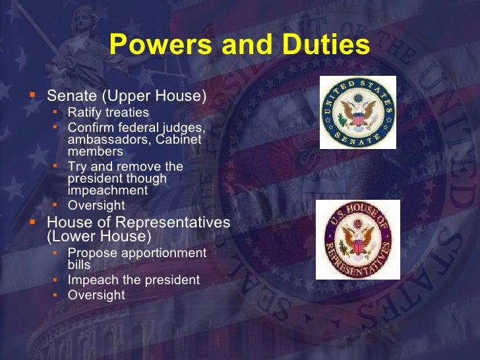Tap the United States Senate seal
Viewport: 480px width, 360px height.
(x=358, y=112)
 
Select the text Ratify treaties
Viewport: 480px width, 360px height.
(x=108, y=112)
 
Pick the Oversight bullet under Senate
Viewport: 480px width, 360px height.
(x=96, y=205)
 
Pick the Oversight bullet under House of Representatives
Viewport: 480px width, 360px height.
(x=96, y=295)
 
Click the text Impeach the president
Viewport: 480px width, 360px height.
(x=133, y=280)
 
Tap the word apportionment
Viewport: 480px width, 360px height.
(x=164, y=253)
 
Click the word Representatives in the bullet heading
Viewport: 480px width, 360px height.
(x=164, y=222)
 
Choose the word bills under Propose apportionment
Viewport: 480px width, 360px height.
(x=79, y=265)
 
